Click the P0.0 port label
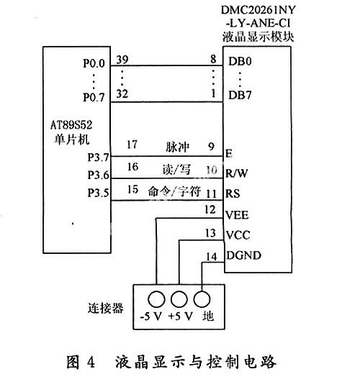94,63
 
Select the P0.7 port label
94,97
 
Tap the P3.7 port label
99,158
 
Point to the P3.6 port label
99,175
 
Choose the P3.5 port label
99,193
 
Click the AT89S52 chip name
71,125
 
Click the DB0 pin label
240,61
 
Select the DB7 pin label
240,95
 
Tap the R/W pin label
237,173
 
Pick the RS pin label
233,194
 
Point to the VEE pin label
237,215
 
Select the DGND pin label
243,255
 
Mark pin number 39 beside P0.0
122,60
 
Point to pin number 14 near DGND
211,257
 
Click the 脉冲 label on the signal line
177,147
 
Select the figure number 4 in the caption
91,362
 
